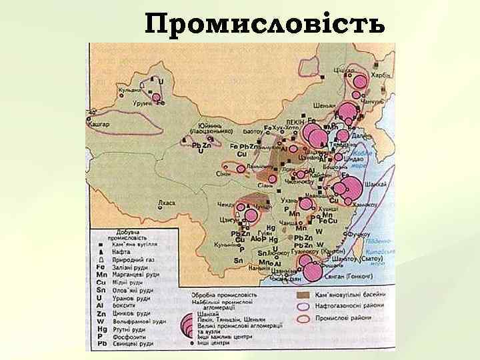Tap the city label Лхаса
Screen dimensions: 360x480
tap(165, 203)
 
